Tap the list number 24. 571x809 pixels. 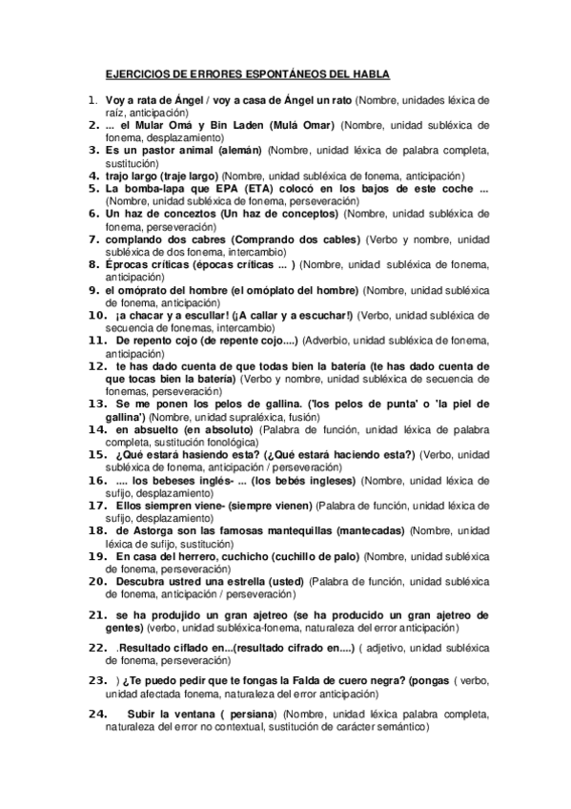(x=95, y=713)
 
